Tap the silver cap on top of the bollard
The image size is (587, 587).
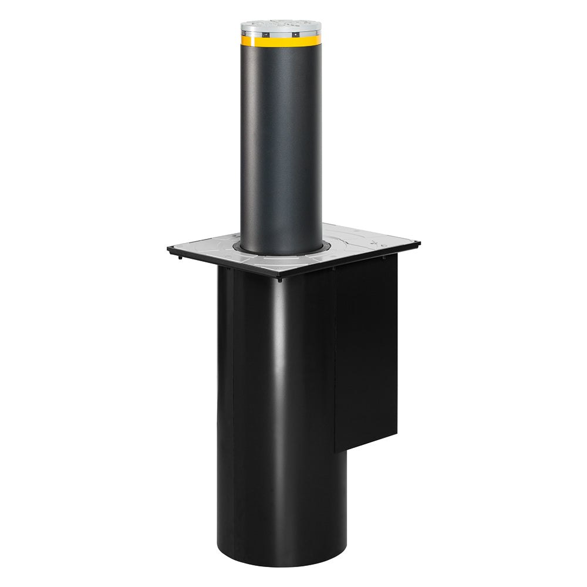tap(281, 26)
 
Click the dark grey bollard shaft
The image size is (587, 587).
tap(281, 147)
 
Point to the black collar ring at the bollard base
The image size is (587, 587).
tap(281, 252)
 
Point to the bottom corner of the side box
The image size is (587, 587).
tap(336, 450)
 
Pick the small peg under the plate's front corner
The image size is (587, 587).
tap(279, 279)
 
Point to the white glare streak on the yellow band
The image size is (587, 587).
tap(264, 41)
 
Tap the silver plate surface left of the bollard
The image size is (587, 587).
tap(211, 249)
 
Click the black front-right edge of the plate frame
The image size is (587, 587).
tap(352, 260)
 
